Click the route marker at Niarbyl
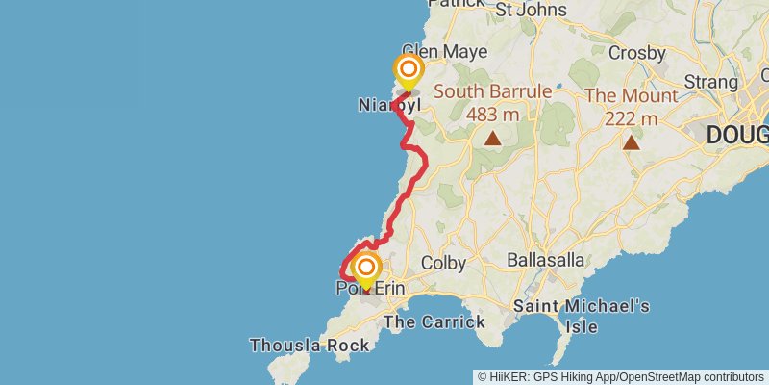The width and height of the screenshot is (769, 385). coord(409,70)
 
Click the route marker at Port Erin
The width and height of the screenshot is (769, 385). coord(366,267)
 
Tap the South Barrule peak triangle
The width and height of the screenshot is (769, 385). coord(493,138)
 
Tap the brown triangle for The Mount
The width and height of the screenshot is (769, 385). coord(632,142)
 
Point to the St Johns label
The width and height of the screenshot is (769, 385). coord(531,10)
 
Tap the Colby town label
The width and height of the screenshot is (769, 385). coord(442,262)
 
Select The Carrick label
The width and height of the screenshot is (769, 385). coord(434,321)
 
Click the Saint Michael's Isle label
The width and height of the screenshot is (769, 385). coord(582,317)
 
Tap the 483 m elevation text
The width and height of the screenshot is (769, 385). coord(492,115)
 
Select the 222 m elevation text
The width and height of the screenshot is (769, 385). coord(632,118)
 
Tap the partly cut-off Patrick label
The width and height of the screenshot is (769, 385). coord(458,4)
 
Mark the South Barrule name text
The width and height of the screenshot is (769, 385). coord(494,92)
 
